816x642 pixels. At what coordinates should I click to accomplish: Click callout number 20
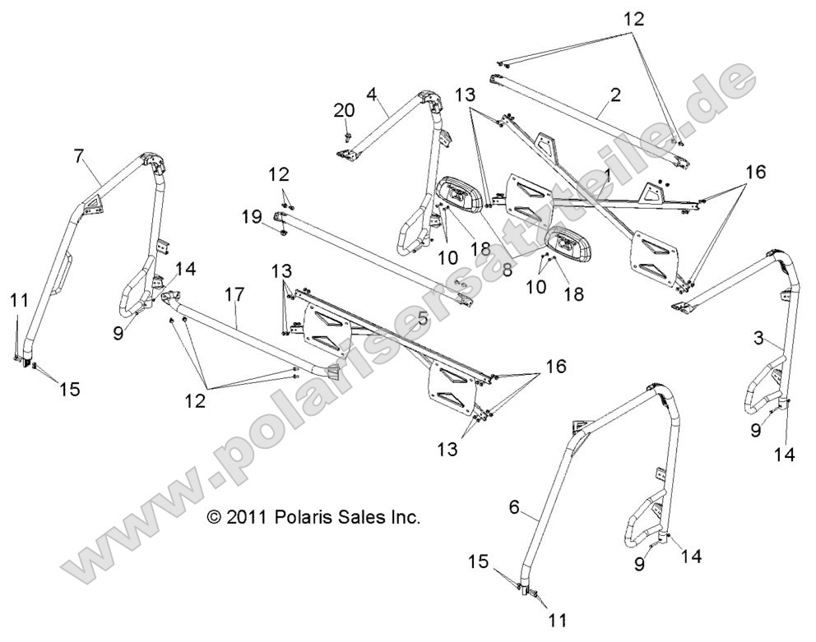click(344, 111)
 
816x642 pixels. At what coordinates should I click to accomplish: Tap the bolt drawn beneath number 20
click(349, 135)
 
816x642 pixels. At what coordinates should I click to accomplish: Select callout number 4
click(371, 96)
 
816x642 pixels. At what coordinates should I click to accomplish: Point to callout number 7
click(79, 154)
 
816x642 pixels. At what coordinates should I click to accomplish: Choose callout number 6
click(513, 509)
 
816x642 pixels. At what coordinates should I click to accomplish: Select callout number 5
click(422, 316)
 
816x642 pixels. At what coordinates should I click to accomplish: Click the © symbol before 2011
click(214, 518)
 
